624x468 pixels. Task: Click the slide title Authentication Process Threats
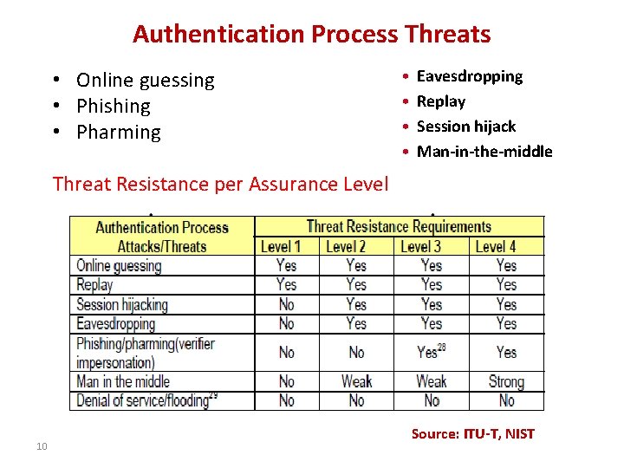[x=311, y=35]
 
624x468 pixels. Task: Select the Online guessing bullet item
[x=145, y=81]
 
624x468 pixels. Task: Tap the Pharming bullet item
[x=118, y=133]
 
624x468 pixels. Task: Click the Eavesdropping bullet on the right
[x=469, y=76]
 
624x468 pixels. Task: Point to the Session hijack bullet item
[x=465, y=127]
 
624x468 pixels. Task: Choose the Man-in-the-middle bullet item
[x=484, y=152]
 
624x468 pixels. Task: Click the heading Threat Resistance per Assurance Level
[x=220, y=184]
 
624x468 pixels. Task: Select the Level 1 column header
[x=281, y=246]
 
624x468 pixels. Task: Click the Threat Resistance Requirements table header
[x=399, y=227]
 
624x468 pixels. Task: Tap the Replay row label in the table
[x=94, y=284]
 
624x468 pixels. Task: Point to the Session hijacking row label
[x=121, y=304]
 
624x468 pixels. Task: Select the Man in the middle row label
[x=122, y=381]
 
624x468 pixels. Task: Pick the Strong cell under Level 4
[x=506, y=381]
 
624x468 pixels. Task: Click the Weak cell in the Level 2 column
[x=356, y=381]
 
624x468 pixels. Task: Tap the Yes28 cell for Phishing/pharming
[x=431, y=352]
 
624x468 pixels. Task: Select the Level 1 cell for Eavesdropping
[x=286, y=323]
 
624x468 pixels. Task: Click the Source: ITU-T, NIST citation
[x=472, y=433]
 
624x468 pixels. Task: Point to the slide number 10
[x=41, y=446]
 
